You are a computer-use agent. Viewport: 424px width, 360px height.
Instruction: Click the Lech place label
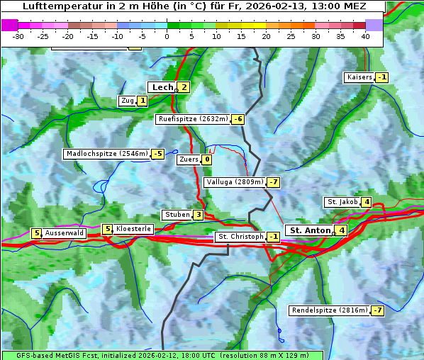[162, 87]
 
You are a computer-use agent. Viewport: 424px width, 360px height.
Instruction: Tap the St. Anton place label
[310, 230]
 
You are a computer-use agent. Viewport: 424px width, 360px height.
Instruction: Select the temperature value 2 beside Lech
[184, 87]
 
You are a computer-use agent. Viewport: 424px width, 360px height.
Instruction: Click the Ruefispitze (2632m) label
[193, 119]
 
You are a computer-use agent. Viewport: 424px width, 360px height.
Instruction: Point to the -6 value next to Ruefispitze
[238, 119]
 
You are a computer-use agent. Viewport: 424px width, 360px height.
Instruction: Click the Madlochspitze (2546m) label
[106, 154]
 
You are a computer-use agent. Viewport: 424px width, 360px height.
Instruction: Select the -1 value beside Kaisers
[382, 77]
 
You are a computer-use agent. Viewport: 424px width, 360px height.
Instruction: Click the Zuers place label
[188, 159]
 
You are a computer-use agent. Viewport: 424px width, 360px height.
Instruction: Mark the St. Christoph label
[240, 237]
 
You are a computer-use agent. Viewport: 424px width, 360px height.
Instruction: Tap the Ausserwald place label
[65, 233]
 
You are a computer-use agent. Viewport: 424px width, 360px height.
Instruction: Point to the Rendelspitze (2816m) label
[330, 310]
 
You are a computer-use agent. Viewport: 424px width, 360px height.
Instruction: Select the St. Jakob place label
[342, 202]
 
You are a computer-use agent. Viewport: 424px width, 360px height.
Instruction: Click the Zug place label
[127, 101]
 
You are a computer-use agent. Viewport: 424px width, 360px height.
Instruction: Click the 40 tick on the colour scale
[365, 35]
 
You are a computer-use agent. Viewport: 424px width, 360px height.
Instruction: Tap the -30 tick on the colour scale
[18, 35]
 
